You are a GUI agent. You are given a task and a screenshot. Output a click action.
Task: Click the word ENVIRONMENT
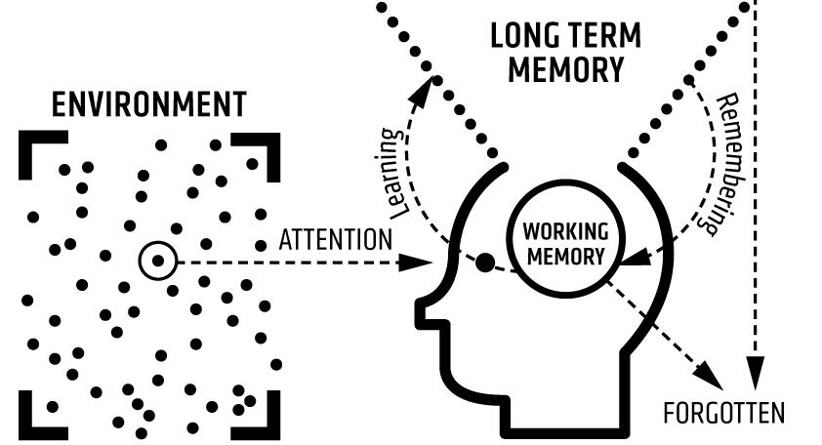[x=148, y=103]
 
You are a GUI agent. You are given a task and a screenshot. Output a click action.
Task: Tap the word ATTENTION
[x=336, y=239]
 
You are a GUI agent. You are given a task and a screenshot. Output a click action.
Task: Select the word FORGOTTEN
[x=723, y=412]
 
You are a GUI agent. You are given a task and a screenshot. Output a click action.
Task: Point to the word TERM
[x=606, y=38]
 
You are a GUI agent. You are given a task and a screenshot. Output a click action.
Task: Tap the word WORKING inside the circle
[x=566, y=233]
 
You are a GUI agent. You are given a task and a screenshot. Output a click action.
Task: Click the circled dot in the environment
[x=157, y=262]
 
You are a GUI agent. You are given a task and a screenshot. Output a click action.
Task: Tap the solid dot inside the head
[x=483, y=263]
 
